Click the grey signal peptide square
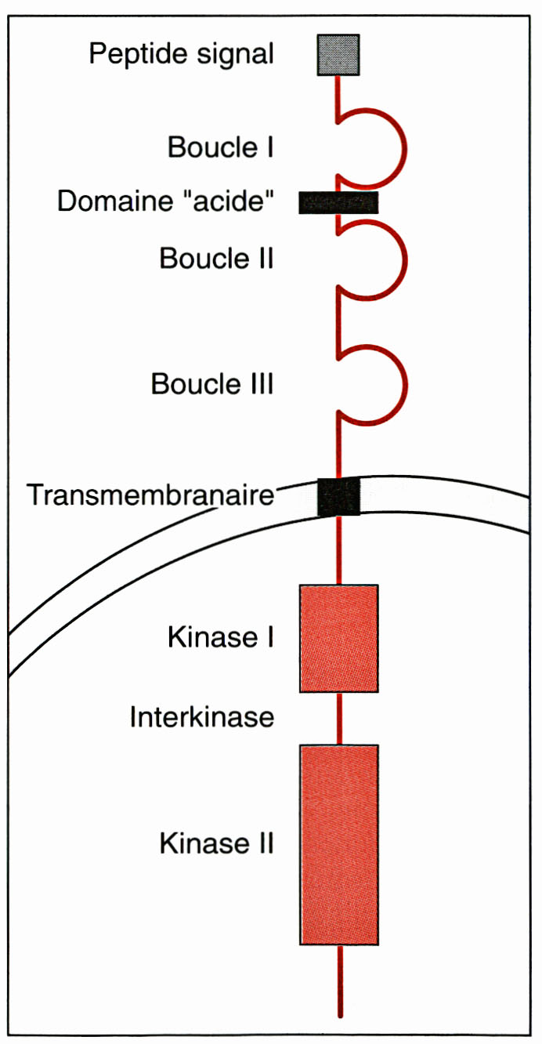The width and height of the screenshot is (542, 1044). pos(338,55)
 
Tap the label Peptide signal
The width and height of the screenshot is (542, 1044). pos(181,55)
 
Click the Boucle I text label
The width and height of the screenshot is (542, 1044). pos(220,147)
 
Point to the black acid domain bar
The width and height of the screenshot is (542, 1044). pos(338,202)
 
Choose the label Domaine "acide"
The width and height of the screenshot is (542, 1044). pos(165,202)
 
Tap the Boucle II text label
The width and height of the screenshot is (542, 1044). pos(216,258)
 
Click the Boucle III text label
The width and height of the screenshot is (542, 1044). pos(212,385)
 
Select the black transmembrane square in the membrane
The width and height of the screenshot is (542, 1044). pos(338,496)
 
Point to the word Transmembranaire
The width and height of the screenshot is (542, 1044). pos(150,496)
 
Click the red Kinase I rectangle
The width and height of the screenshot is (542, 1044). pos(339,638)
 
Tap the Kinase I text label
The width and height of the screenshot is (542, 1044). pos(220,638)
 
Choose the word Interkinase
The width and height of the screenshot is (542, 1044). pos(202,717)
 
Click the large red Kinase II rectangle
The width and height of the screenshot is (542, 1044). pos(339,844)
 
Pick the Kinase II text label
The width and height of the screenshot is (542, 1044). pos(216,844)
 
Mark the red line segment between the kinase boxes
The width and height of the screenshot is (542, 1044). pos(340,718)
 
